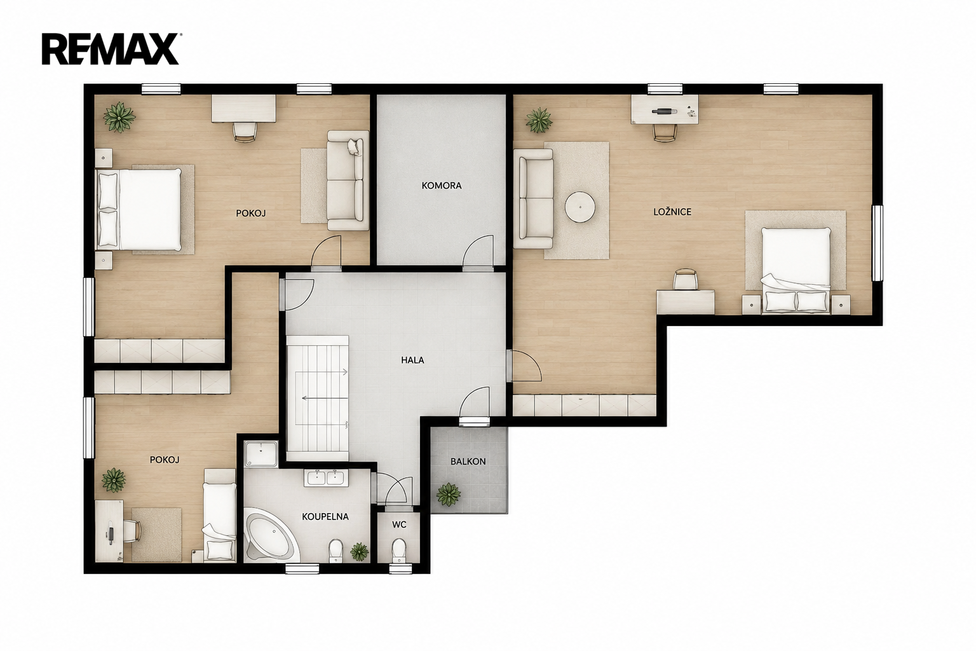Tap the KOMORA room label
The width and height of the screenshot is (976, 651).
click(x=442, y=186)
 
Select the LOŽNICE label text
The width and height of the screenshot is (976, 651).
click(x=672, y=212)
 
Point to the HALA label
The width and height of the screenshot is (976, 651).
click(x=412, y=360)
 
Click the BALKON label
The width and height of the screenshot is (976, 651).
click(x=468, y=462)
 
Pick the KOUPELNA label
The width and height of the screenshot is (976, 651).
click(x=325, y=517)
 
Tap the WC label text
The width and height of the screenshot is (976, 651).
click(x=399, y=524)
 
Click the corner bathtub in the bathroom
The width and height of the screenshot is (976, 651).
click(x=271, y=535)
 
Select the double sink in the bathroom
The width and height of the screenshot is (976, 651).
click(x=327, y=478)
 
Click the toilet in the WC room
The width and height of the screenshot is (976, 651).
click(x=398, y=551)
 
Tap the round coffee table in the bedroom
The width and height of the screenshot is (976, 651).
click(x=580, y=207)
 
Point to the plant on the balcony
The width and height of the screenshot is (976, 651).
click(x=449, y=495)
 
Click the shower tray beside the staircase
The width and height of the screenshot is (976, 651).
click(x=261, y=453)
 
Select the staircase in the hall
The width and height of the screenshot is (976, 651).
click(x=317, y=398)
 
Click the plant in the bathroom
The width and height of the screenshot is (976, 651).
click(x=359, y=552)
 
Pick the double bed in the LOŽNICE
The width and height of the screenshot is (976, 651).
click(x=795, y=270)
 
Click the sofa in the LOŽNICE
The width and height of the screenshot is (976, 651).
click(x=533, y=199)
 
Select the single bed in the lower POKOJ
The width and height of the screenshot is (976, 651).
click(x=220, y=516)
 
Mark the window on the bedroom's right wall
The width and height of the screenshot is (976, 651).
click(x=877, y=243)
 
